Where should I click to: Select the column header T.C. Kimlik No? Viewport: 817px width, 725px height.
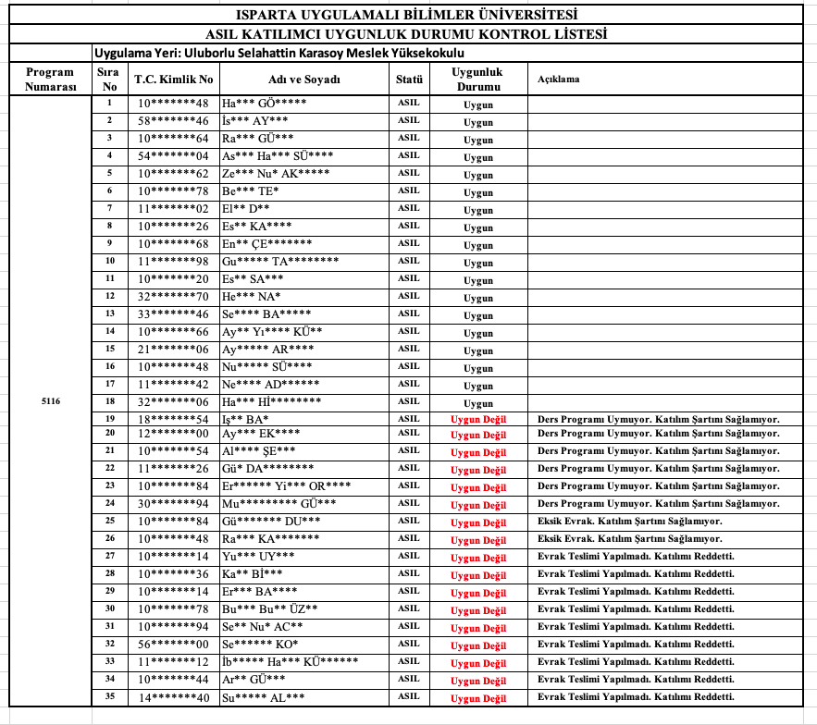173,80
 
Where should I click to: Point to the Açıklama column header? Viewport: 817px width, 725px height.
559,80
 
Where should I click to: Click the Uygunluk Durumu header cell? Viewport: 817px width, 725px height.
477,79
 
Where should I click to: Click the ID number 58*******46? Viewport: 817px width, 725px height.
173,121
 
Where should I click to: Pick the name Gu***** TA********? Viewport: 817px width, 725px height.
280,262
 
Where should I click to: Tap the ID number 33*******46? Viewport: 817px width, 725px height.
173,314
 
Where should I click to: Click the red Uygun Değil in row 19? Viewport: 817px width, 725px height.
478,419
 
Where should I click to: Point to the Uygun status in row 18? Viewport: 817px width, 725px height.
478,403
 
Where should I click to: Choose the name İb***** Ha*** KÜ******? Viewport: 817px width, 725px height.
290,662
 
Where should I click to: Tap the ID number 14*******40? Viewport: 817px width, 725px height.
173,697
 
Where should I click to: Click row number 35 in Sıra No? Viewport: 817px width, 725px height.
109,696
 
